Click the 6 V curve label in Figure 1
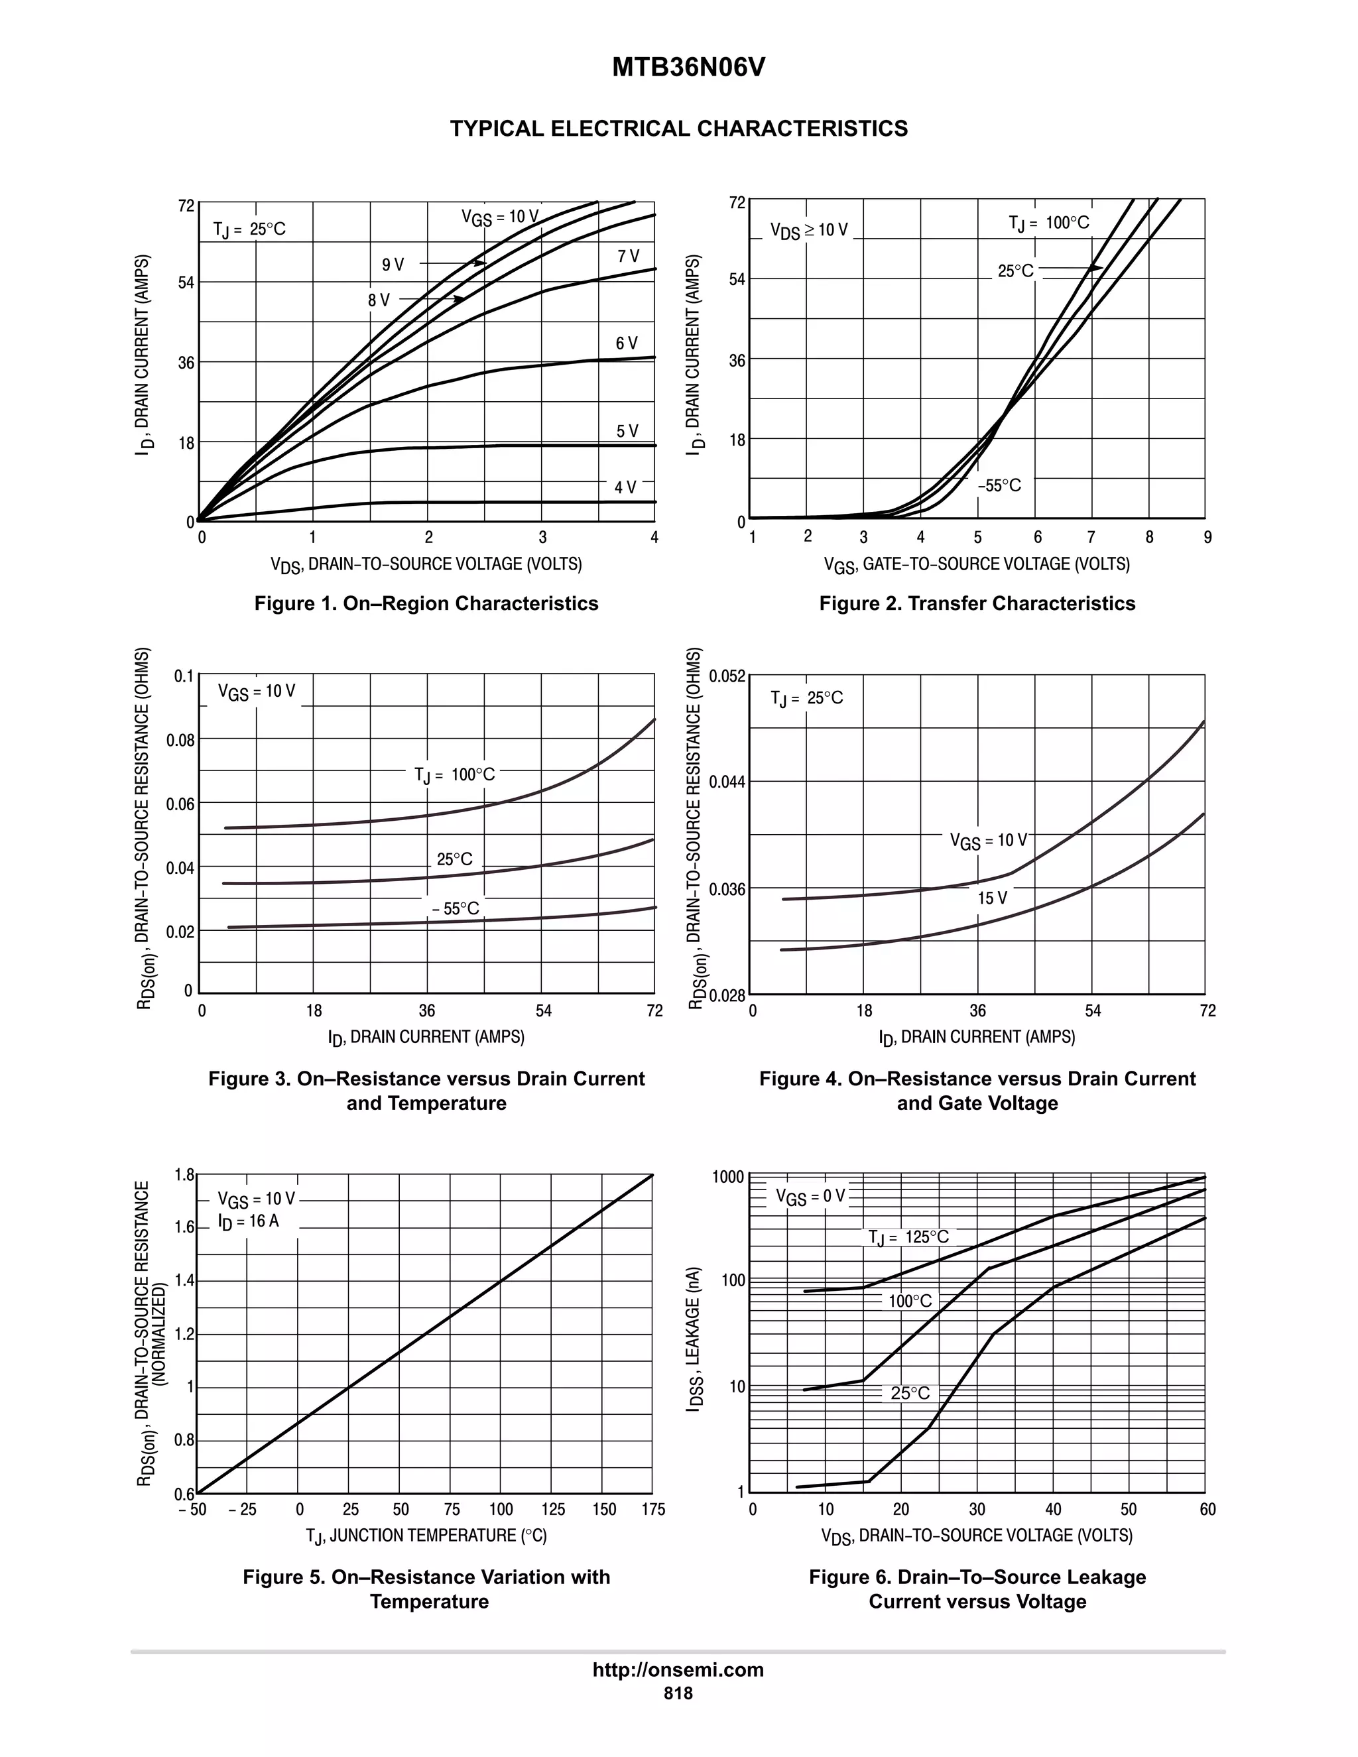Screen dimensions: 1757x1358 627,343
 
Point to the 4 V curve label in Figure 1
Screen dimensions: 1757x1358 625,487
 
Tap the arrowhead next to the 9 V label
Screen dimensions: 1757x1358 479,263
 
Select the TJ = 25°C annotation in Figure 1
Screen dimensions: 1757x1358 249,230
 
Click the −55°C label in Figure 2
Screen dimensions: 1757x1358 999,486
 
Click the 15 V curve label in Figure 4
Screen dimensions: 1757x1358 992,898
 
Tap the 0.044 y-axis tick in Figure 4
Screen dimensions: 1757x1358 728,782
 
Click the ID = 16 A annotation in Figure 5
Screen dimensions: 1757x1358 248,1221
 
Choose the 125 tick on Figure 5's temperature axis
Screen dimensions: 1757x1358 553,1510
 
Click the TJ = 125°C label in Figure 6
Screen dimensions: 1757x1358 908,1237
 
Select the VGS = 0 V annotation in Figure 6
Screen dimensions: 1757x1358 810,1197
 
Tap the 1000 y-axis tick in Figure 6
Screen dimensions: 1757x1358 728,1178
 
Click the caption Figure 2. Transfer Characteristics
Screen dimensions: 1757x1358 977,603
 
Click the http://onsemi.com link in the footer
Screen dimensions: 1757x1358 678,1669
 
